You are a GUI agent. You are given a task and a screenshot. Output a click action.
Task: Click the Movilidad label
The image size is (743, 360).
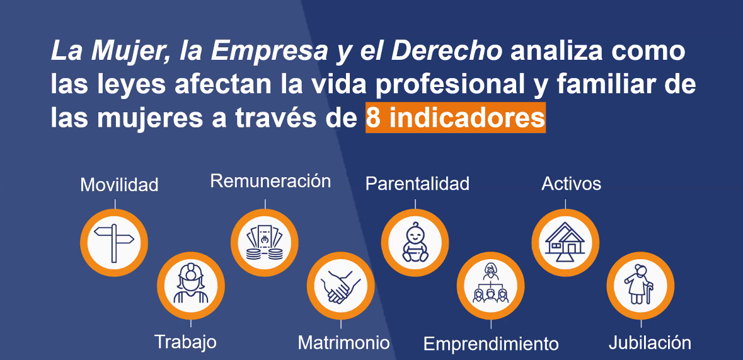tap(119, 185)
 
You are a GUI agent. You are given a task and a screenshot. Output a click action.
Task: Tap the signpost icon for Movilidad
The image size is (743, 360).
tap(114, 243)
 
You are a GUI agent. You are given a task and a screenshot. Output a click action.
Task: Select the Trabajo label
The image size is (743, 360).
tap(186, 342)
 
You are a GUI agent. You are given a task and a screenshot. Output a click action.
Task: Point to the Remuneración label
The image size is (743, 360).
tap(270, 181)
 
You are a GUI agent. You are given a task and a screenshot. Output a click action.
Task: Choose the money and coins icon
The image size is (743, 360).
tap(265, 242)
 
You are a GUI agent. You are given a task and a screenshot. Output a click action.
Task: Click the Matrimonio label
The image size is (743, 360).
tap(343, 342)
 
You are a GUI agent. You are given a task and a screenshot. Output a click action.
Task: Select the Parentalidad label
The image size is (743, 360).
tap(417, 183)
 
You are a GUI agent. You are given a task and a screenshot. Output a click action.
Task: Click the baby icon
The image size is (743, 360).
tap(415, 242)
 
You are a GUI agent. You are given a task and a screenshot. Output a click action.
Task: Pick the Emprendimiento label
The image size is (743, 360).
tap(491, 344)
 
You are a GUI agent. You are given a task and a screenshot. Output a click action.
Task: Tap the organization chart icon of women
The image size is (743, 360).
tap(490, 284)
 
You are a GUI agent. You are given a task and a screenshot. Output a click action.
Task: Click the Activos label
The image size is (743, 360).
tap(571, 183)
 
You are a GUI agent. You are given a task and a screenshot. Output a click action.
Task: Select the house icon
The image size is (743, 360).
tap(565, 242)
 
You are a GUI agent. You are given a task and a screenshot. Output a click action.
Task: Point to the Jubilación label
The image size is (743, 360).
tap(650, 342)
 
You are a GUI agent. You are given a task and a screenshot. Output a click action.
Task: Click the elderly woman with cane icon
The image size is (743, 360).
tap(640, 284)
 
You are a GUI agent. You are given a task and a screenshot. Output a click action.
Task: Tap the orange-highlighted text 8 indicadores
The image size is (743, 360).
tap(456, 118)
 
